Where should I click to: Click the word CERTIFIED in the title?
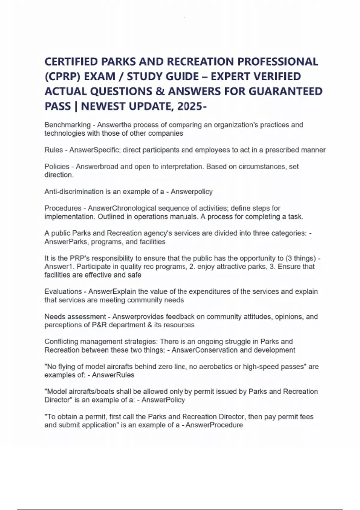click(x=71, y=61)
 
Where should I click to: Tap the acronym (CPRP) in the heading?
click(x=63, y=76)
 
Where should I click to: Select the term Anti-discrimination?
click(x=74, y=192)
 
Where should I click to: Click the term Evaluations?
click(x=63, y=292)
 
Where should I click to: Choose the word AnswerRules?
click(x=113, y=375)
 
